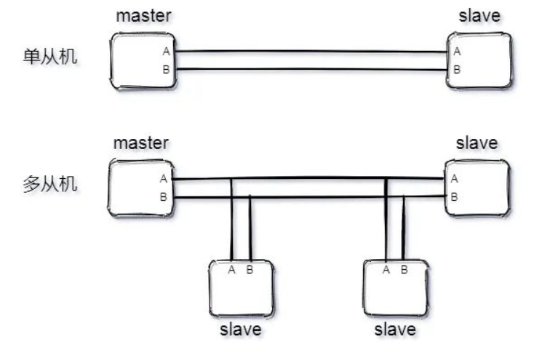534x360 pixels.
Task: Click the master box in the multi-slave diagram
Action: click(x=142, y=188)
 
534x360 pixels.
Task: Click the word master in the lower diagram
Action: click(x=140, y=143)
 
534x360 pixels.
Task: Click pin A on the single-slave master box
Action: click(x=165, y=52)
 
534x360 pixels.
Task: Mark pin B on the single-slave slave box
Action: click(x=456, y=70)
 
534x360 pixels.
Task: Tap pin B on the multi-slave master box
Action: click(x=164, y=196)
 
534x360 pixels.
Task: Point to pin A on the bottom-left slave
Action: click(x=231, y=270)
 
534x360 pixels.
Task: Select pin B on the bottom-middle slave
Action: click(x=404, y=270)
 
